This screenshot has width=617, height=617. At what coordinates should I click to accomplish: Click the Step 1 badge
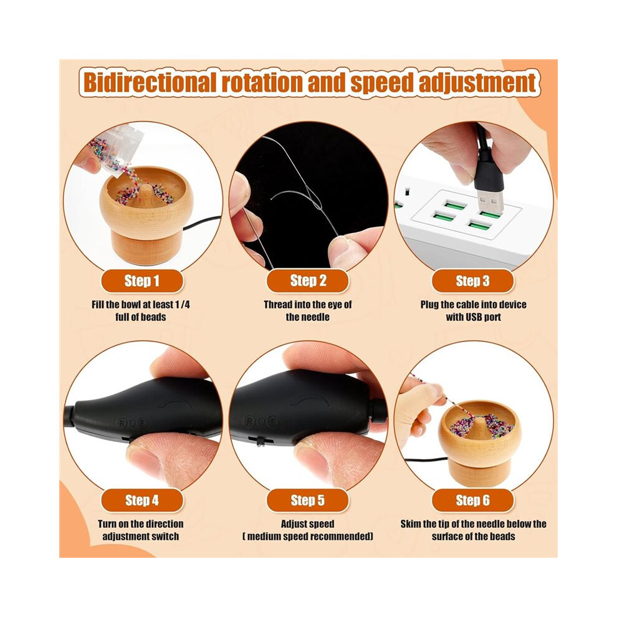tap(141, 281)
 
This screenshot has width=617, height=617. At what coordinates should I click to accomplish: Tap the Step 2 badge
tap(308, 281)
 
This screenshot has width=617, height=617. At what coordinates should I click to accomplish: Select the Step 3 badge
tap(472, 281)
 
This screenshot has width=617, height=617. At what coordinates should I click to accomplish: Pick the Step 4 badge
tap(141, 500)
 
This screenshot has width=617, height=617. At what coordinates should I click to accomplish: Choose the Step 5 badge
tap(308, 500)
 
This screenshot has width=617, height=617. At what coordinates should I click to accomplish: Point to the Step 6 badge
tap(472, 500)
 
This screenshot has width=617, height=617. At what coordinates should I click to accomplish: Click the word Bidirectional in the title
tap(150, 82)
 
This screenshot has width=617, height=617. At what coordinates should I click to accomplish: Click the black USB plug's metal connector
tap(490, 201)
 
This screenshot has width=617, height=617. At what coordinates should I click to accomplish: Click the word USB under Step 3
tap(474, 317)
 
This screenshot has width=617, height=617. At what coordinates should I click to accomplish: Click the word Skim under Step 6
tap(411, 524)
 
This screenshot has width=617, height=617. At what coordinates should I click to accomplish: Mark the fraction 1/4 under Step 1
tap(182, 305)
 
